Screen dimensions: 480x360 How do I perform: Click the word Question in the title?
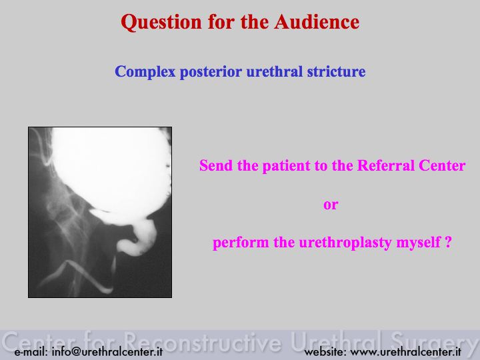coord(161,23)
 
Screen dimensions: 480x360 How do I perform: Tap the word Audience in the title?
coord(317,22)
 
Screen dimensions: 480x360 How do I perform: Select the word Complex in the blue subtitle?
coord(145,72)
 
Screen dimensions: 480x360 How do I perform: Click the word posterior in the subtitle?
coord(211,72)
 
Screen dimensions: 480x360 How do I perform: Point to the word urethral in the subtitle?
coord(275,71)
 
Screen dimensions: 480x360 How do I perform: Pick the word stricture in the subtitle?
coord(337,71)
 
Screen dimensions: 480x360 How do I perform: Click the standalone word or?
coord(331,205)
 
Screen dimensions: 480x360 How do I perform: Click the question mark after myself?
coord(448,242)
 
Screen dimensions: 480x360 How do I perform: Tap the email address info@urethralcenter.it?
coord(107,351)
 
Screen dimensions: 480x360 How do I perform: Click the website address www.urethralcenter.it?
coord(405,352)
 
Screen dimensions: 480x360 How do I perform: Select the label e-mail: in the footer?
coord(31,352)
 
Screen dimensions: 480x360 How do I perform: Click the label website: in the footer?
coord(325,352)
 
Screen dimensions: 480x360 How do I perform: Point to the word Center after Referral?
coord(442,165)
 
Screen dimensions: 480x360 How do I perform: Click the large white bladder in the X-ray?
coord(110,171)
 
